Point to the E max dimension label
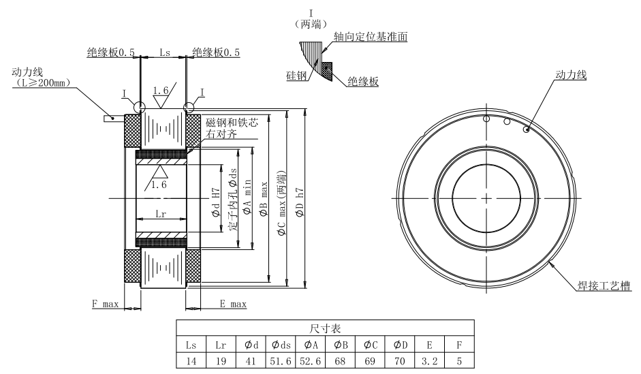coord(232,304)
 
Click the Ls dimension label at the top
coord(164,52)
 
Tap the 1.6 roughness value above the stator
coord(161,90)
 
